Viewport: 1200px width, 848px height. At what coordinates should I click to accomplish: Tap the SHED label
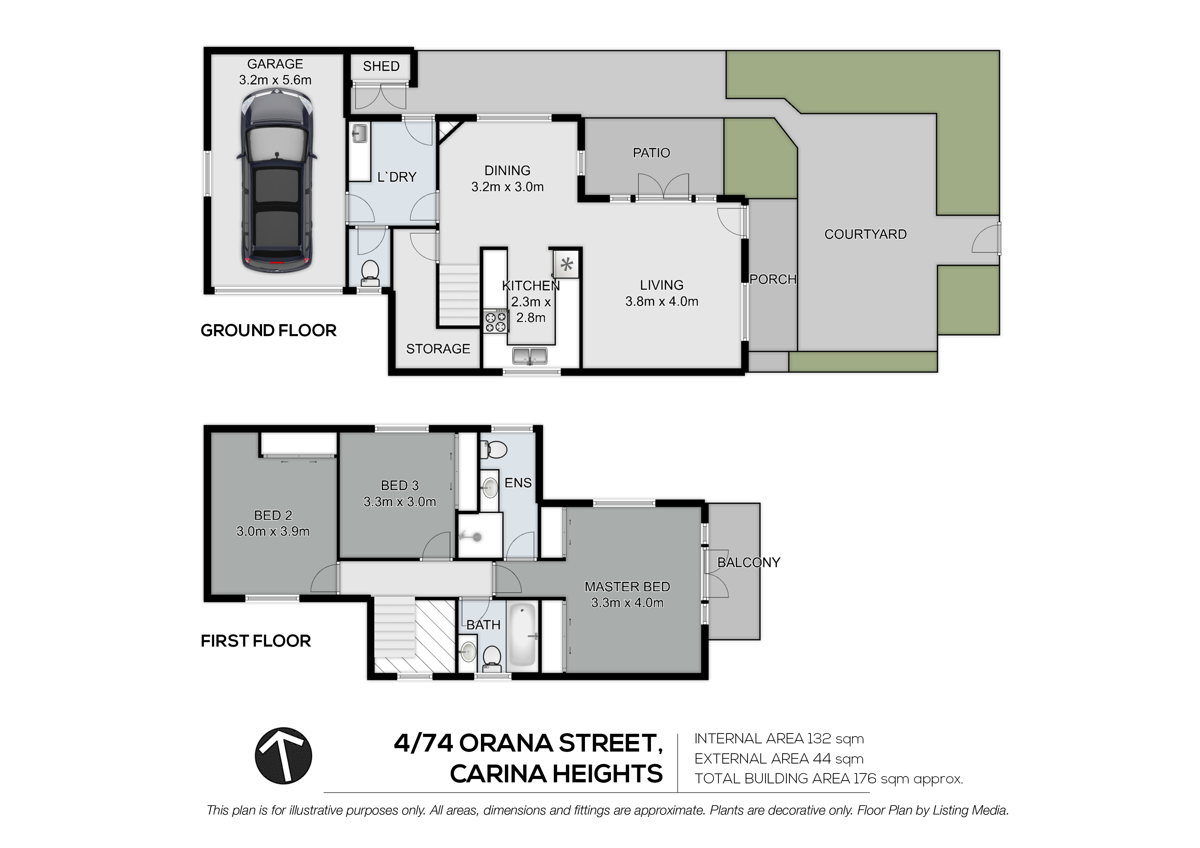click(381, 66)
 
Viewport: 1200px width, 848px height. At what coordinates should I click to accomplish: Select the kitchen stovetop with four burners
click(495, 321)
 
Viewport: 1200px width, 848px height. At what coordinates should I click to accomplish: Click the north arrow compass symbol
click(283, 756)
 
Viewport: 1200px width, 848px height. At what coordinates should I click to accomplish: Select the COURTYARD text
click(865, 234)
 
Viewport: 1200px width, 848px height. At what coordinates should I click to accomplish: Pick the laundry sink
click(359, 133)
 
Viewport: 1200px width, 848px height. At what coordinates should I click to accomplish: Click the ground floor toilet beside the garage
click(370, 273)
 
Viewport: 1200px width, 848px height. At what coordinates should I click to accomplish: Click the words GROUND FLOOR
click(269, 330)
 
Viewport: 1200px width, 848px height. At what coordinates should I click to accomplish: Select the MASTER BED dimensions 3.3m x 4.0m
click(627, 602)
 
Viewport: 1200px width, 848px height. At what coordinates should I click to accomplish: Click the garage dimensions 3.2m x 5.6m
click(275, 80)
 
